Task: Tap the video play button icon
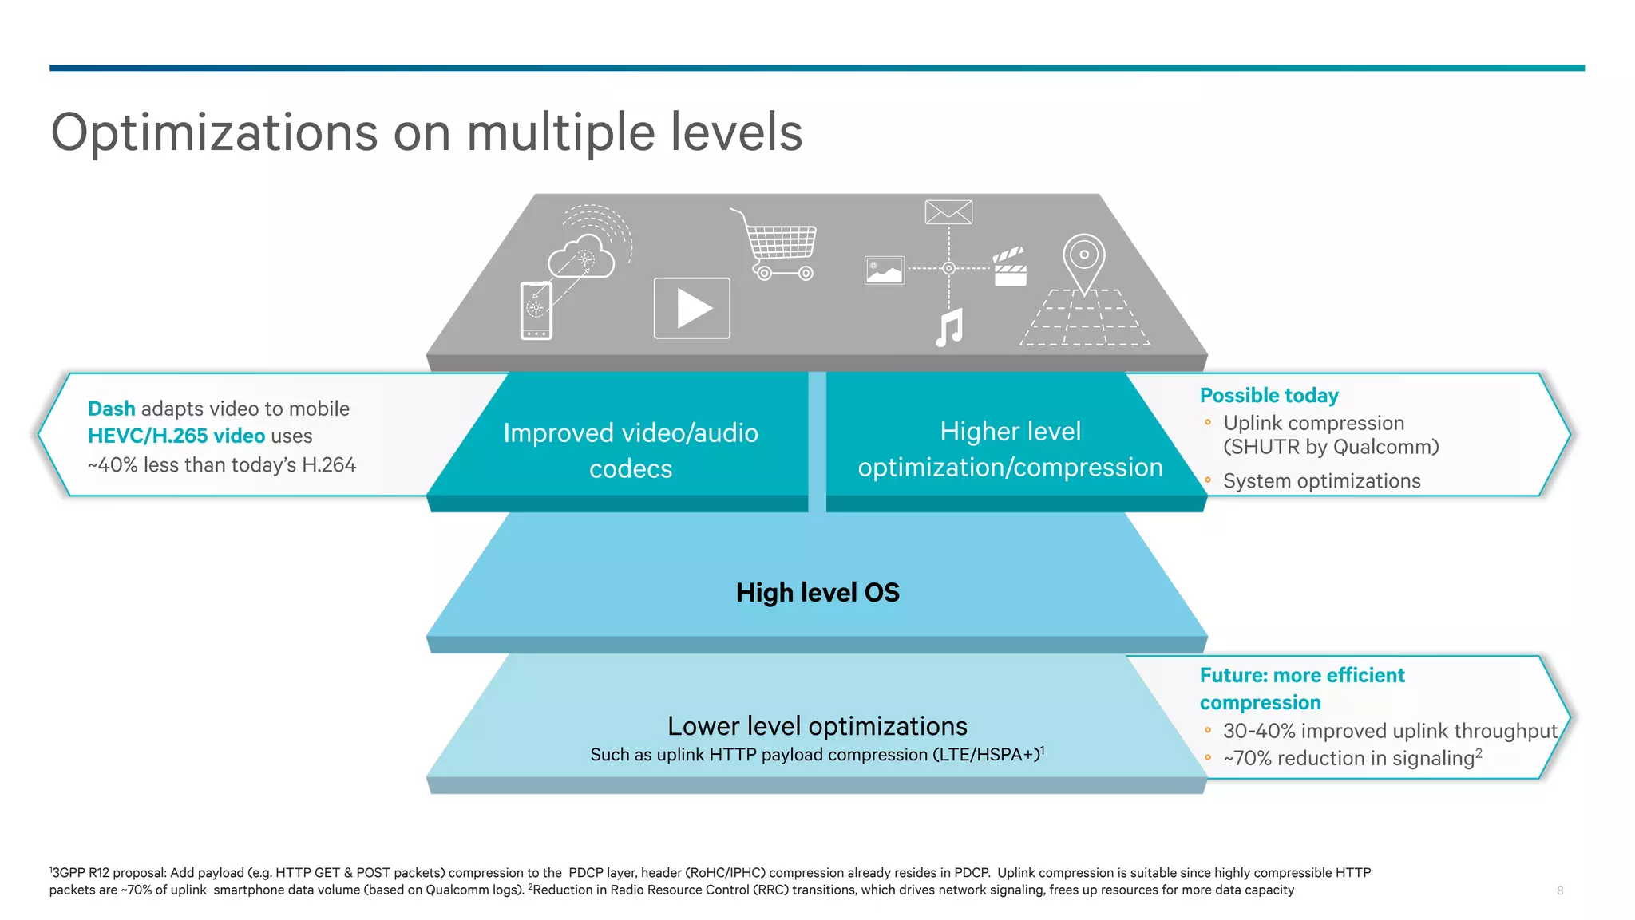pyautogui.click(x=691, y=308)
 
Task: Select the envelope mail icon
pyautogui.click(x=948, y=212)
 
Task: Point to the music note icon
pyautogui.click(x=949, y=327)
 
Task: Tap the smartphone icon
pyautogui.click(x=536, y=310)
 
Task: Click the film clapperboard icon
pyautogui.click(x=1010, y=267)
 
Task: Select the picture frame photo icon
pyautogui.click(x=885, y=270)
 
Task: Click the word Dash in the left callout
pyautogui.click(x=111, y=409)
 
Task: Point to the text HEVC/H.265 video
pyautogui.click(x=176, y=436)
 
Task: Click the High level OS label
pyautogui.click(x=817, y=593)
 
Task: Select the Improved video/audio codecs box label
pyautogui.click(x=631, y=450)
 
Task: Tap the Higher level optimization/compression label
pyautogui.click(x=1010, y=449)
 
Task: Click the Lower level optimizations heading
pyautogui.click(x=817, y=726)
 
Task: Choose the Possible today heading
pyautogui.click(x=1269, y=396)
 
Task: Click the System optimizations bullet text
pyautogui.click(x=1321, y=481)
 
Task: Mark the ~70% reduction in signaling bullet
pyautogui.click(x=1352, y=758)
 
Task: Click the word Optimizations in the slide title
pyautogui.click(x=214, y=132)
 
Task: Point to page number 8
pyautogui.click(x=1560, y=890)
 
